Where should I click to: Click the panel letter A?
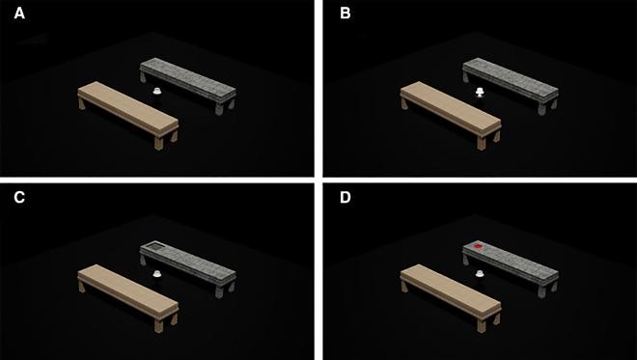(x=19, y=14)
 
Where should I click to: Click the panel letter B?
(x=345, y=14)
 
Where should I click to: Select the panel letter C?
(x=19, y=198)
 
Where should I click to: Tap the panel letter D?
(x=346, y=198)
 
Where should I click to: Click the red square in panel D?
(x=478, y=246)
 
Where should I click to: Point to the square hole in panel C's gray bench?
(x=154, y=245)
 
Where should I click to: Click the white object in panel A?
(x=157, y=92)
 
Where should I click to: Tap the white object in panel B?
(x=480, y=93)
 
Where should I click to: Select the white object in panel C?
(x=157, y=274)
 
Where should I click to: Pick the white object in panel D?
(x=480, y=274)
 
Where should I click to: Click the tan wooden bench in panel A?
(x=128, y=113)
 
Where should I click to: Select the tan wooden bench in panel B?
(x=451, y=113)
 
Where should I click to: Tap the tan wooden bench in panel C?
(x=128, y=295)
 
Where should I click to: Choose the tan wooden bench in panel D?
(x=451, y=295)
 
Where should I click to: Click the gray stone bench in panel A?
(x=188, y=84)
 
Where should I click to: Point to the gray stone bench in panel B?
(x=511, y=84)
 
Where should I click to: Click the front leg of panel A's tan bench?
(x=158, y=143)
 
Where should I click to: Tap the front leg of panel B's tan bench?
(x=481, y=143)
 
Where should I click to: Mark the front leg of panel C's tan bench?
(x=158, y=325)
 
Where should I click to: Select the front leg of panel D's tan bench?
(x=481, y=325)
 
